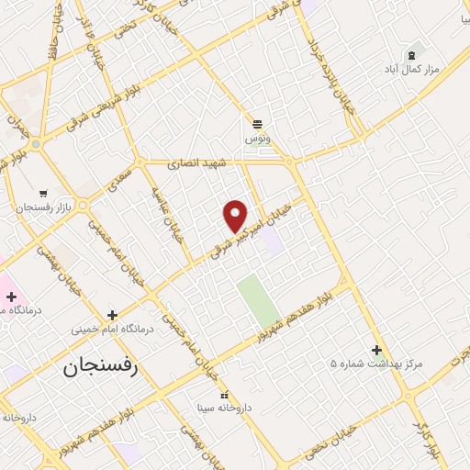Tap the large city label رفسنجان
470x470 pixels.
point(99,369)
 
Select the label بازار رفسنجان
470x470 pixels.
point(42,208)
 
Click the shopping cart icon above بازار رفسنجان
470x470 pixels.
point(43,193)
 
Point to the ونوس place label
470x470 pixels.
point(256,138)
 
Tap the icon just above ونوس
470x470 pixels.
point(257,123)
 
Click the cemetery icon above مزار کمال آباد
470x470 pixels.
point(410,54)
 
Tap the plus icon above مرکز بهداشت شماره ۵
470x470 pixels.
point(376,350)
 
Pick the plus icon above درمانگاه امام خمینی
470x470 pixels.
point(112,314)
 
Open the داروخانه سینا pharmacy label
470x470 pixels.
point(223,406)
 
